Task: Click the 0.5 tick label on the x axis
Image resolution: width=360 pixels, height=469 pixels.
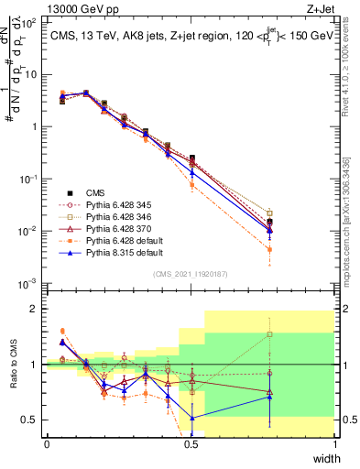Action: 191,443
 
